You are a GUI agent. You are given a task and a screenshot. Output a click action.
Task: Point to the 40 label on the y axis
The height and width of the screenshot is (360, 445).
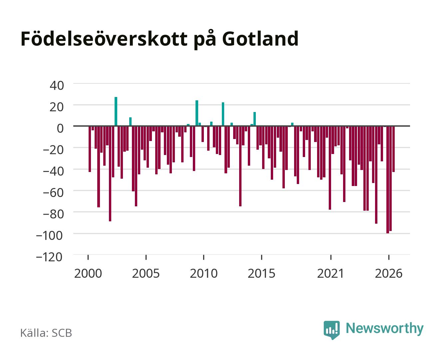(x=57, y=86)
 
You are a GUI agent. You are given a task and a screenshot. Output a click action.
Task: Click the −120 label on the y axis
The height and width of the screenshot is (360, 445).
(x=49, y=257)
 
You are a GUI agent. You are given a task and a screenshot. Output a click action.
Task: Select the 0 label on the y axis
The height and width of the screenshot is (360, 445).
(x=60, y=128)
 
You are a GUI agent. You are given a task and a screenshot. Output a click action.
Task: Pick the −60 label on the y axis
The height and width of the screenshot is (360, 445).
(x=53, y=193)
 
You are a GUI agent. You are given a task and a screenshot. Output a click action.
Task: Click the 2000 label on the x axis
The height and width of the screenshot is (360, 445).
(x=88, y=273)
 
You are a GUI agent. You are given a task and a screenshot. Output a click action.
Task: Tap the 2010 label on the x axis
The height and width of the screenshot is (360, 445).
(x=204, y=273)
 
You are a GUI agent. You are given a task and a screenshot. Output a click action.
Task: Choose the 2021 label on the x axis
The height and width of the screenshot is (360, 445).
(x=330, y=273)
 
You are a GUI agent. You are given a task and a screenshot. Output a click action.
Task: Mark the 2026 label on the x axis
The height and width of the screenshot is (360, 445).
(x=389, y=273)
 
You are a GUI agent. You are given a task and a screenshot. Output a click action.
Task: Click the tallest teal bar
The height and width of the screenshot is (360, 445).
(x=116, y=111)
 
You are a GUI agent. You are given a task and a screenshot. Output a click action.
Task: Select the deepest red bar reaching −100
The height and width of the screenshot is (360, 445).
(x=388, y=180)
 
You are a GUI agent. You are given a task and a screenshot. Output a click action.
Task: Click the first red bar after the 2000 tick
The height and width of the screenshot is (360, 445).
(x=90, y=149)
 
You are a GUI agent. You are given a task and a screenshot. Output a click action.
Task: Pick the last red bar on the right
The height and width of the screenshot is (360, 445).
(x=394, y=149)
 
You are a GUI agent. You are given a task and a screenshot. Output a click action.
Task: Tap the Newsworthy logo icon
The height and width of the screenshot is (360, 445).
(x=332, y=330)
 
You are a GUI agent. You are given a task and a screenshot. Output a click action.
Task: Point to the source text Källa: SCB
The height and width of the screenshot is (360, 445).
(x=46, y=333)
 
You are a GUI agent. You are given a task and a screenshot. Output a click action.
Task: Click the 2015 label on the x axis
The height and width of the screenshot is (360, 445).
(x=261, y=273)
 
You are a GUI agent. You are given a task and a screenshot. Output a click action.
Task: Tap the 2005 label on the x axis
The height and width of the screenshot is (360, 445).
(x=146, y=273)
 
